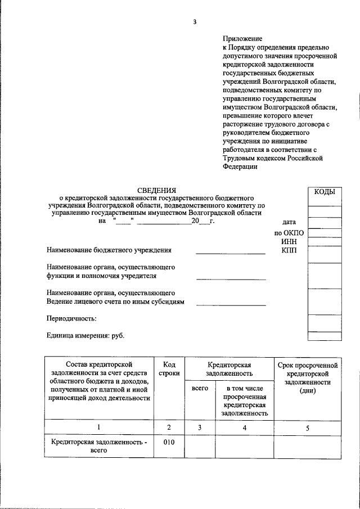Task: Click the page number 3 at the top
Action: (x=195, y=22)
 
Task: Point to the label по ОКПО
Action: (x=289, y=233)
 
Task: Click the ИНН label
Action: (x=289, y=241)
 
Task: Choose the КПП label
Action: (x=289, y=250)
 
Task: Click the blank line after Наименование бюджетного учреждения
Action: (x=230, y=254)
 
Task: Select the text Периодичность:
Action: (x=71, y=318)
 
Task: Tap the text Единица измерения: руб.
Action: (x=85, y=336)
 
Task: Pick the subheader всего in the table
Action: (x=200, y=388)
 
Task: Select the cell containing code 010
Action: (x=169, y=442)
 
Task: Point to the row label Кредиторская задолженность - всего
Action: (x=98, y=447)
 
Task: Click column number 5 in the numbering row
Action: (x=307, y=427)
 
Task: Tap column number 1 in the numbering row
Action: (x=98, y=427)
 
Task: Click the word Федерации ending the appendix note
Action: (x=240, y=166)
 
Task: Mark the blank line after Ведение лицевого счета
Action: (x=231, y=305)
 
